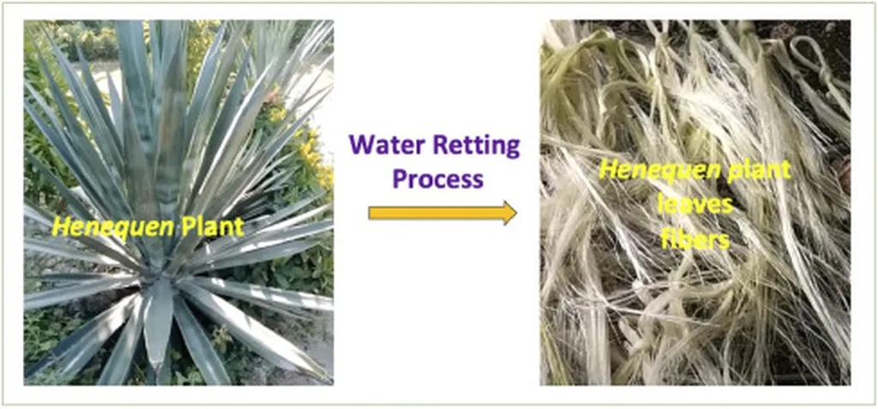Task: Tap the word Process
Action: [x=437, y=180]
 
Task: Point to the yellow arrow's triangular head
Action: [x=510, y=213]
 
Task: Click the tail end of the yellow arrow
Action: [x=370, y=213]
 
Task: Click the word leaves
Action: [x=695, y=205]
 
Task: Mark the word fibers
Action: [x=695, y=239]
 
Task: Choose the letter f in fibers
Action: [x=665, y=239]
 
